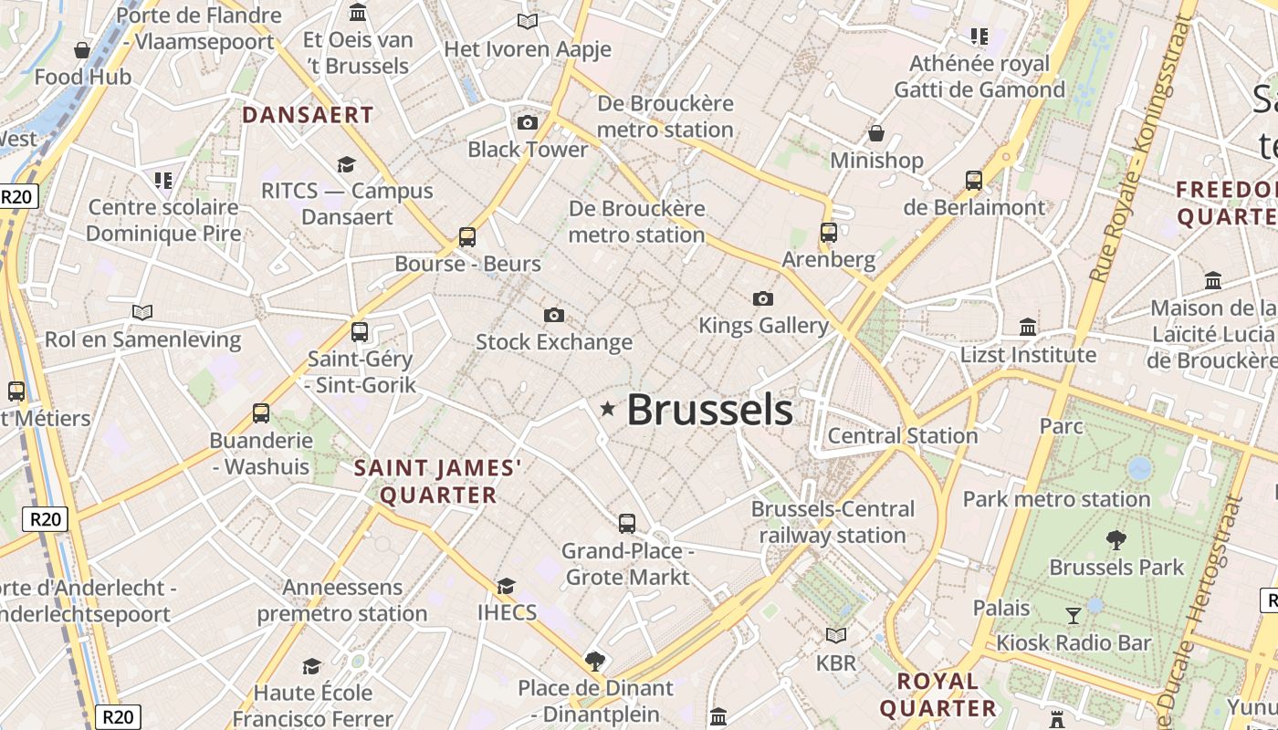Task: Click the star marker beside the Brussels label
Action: coord(608,410)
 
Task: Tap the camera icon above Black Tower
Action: coord(528,122)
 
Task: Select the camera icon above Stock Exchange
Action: coord(553,316)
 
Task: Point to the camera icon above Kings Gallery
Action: coord(763,298)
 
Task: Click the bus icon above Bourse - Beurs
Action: coord(467,237)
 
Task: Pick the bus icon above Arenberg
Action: coord(829,233)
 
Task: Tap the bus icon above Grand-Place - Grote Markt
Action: coord(627,524)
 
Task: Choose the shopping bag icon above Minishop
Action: coord(876,133)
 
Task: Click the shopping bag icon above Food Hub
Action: coord(82,50)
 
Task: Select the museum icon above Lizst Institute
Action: coord(1028,327)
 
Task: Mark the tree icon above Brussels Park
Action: coord(1116,540)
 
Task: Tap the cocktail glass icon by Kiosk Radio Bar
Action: coord(1074,616)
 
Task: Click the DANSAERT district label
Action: coord(309,115)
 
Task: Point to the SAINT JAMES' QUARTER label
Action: coord(438,482)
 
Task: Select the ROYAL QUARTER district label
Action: coord(938,694)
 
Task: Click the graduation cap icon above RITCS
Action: coord(346,164)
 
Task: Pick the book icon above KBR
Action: coord(836,635)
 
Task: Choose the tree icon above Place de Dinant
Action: coord(595,660)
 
